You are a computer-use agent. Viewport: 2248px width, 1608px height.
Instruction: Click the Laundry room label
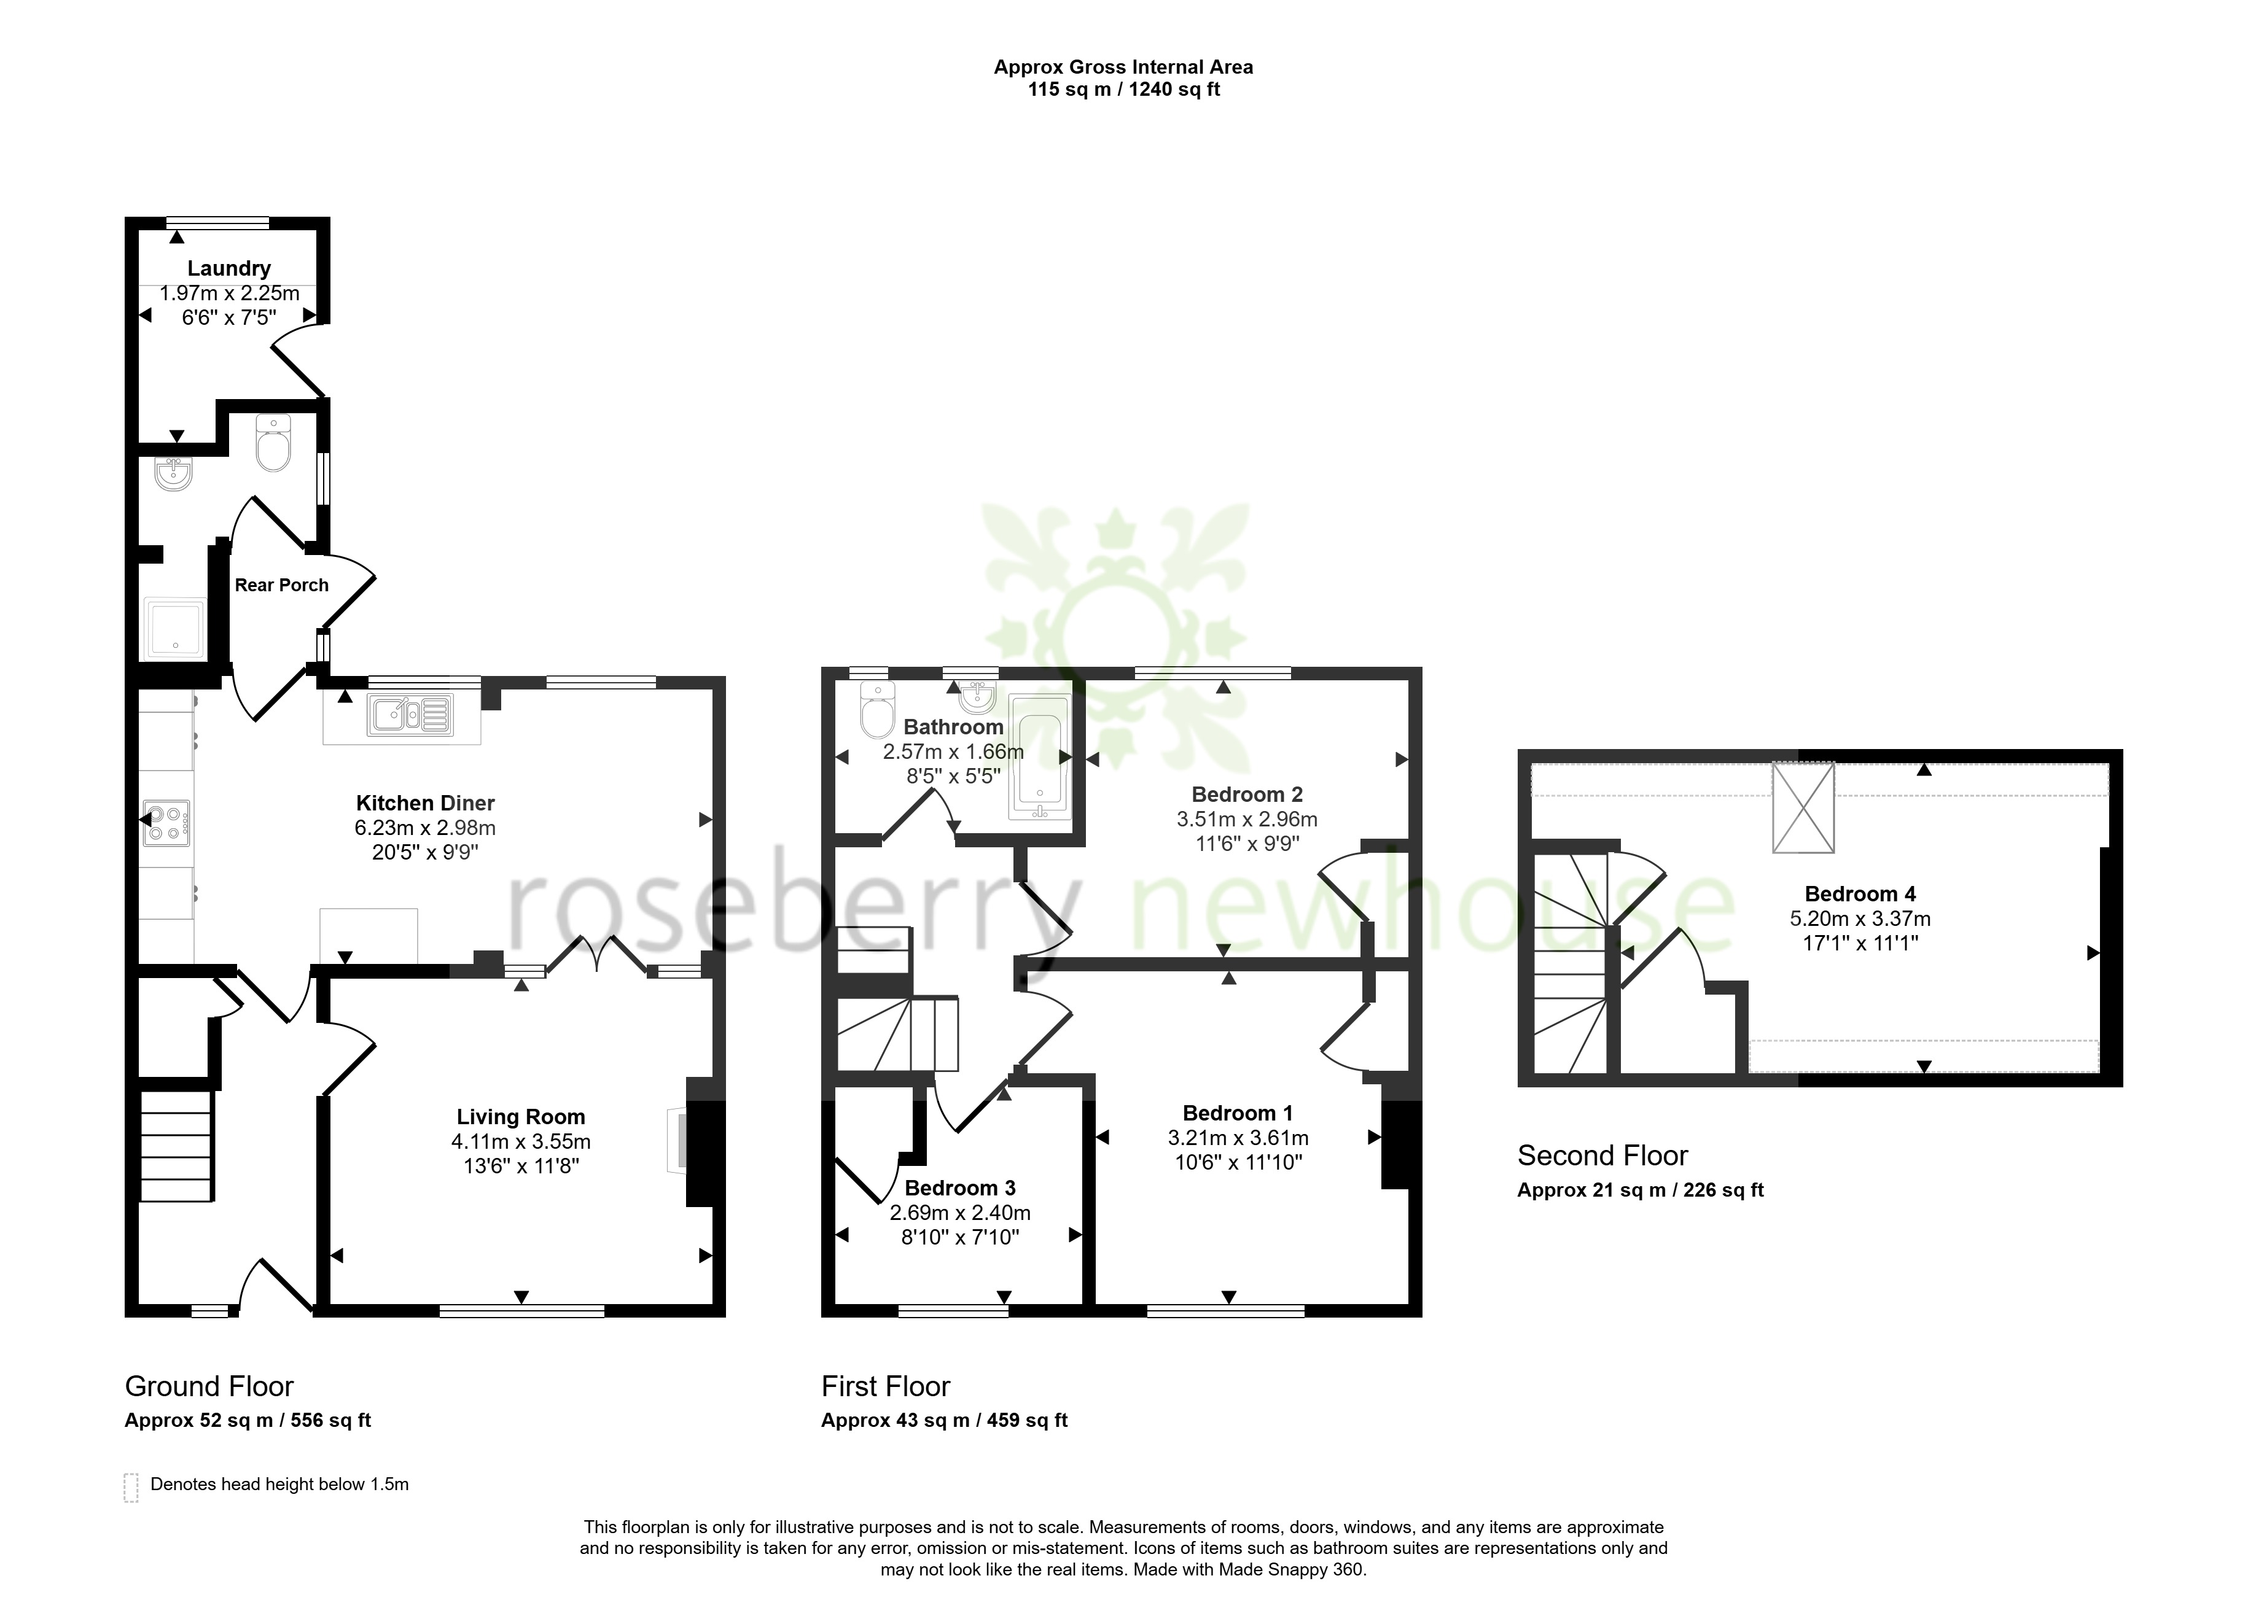[x=228, y=268]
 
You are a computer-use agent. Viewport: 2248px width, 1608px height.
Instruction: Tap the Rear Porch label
[x=281, y=585]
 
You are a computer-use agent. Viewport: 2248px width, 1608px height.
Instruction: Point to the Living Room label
[x=521, y=1117]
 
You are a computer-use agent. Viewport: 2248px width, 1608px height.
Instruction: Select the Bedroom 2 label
[x=1247, y=794]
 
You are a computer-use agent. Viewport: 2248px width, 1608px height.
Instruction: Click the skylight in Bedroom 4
[x=1803, y=807]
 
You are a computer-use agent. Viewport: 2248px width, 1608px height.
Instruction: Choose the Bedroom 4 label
[x=1860, y=894]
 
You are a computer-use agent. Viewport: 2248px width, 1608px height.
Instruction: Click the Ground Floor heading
[x=209, y=1386]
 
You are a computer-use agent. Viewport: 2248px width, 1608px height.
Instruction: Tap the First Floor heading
[x=885, y=1386]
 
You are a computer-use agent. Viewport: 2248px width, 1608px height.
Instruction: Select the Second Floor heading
[x=1602, y=1156]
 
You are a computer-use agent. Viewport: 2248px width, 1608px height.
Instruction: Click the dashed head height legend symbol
[x=131, y=1488]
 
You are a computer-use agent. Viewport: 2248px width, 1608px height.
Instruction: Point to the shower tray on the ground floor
[x=174, y=627]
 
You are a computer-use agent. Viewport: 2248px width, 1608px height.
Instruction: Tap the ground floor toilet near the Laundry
[x=273, y=443]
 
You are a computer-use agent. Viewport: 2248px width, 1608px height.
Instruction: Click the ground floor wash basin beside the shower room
[x=174, y=474]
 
